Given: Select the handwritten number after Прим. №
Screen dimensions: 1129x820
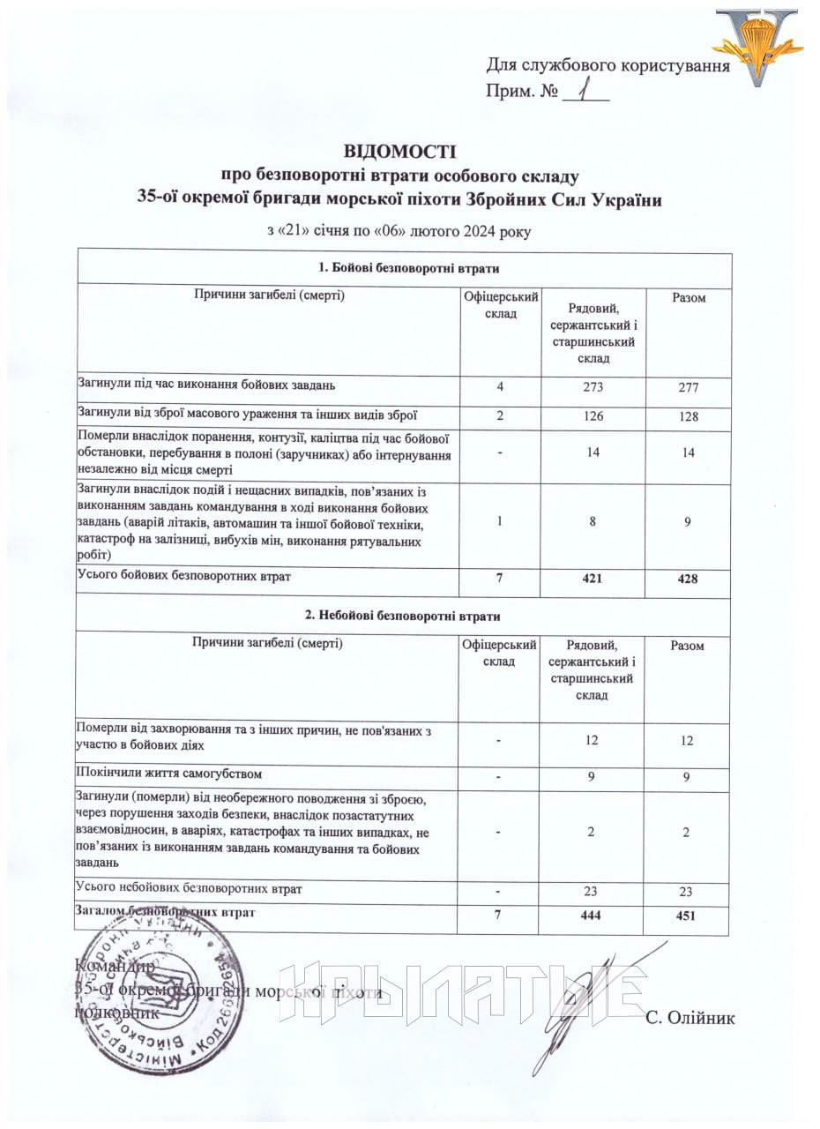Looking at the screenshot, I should click(x=583, y=89).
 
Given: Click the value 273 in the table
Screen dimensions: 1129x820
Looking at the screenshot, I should click(x=593, y=385).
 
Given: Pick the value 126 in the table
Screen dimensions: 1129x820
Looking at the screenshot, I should click(x=593, y=415).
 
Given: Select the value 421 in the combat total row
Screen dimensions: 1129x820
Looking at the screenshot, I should click(x=593, y=578).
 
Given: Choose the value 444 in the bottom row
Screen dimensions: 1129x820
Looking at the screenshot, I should click(x=592, y=916).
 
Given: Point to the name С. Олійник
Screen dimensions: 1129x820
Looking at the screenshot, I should click(x=690, y=1018).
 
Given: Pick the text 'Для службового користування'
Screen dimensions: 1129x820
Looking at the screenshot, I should click(x=608, y=65).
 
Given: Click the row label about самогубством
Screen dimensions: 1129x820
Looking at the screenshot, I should click(x=169, y=774).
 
